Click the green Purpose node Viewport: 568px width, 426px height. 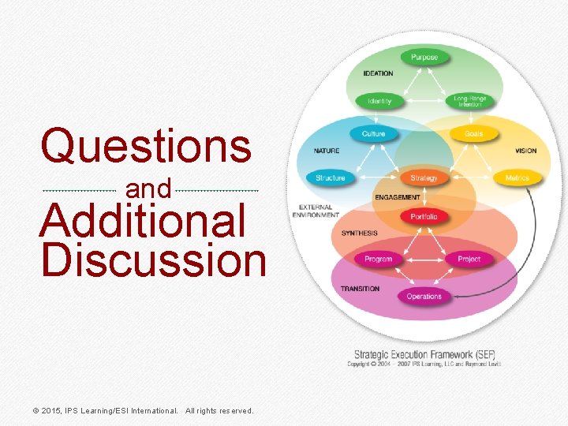(x=424, y=57)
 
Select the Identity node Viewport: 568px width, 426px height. (x=379, y=101)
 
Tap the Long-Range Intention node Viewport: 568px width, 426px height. (x=469, y=101)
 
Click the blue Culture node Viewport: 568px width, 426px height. (x=373, y=133)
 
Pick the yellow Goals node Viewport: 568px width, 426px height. (x=474, y=133)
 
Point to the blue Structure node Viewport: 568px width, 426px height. (x=330, y=177)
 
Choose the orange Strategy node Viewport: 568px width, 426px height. (x=424, y=177)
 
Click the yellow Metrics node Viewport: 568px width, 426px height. (x=518, y=177)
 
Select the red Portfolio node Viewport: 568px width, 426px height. (x=424, y=216)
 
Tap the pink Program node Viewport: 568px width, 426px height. (x=378, y=259)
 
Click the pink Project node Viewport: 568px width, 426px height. (x=469, y=259)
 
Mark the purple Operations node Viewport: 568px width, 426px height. (x=424, y=297)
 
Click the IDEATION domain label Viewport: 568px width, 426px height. (x=378, y=73)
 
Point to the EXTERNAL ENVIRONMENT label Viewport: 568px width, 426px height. (x=315, y=211)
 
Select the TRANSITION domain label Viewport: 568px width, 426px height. (x=360, y=289)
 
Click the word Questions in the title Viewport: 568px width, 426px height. (x=147, y=147)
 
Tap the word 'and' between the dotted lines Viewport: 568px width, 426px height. (x=148, y=189)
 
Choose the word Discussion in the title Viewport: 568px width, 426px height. (x=154, y=260)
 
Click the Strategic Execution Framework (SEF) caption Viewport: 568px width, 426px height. (x=424, y=354)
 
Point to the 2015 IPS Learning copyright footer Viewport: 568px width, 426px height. (x=142, y=410)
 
